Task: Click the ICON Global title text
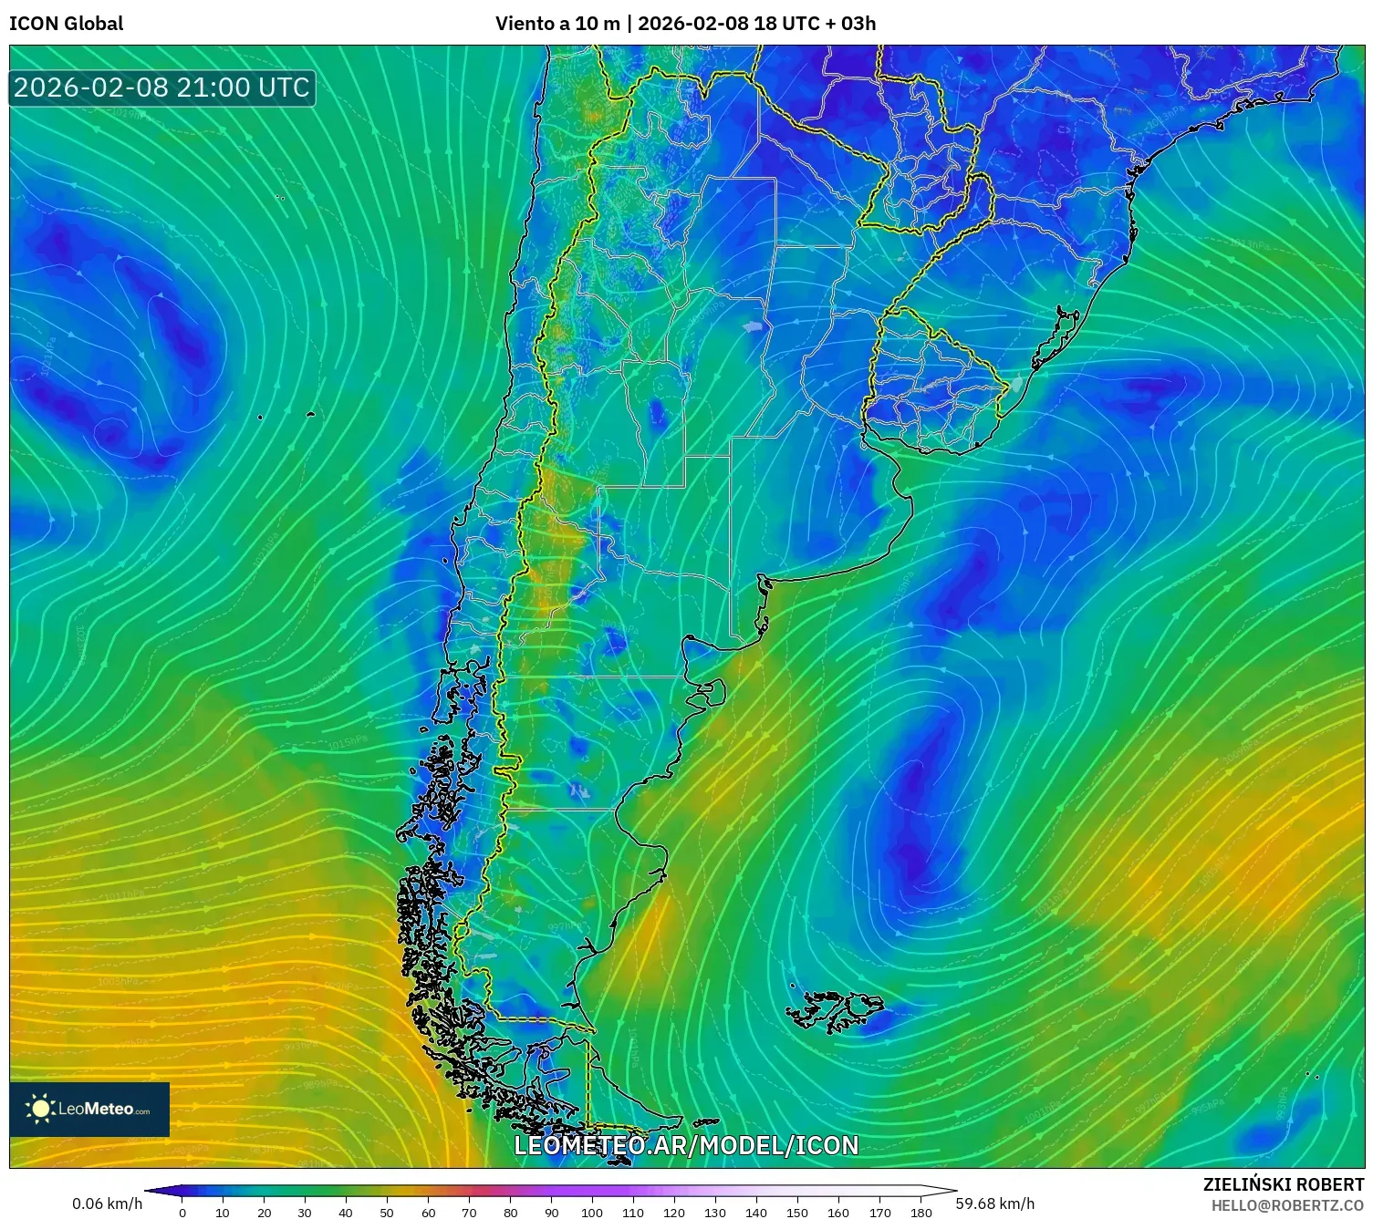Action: pos(66,24)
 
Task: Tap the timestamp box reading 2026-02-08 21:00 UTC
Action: pos(161,88)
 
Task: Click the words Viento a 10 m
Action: pos(556,24)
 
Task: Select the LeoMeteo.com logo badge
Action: pos(89,1109)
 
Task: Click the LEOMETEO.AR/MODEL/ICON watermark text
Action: pos(686,1146)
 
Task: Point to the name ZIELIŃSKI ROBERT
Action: pos(1283,1184)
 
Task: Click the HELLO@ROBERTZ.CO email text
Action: pos(1287,1205)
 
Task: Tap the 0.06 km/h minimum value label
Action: pos(108,1204)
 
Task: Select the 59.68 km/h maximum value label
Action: pos(994,1204)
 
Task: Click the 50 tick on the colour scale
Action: pos(387,1212)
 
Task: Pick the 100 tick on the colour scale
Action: pos(592,1212)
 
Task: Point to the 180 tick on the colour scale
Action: pos(921,1212)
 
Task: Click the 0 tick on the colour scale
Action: pos(182,1212)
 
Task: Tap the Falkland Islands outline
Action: pos(835,1010)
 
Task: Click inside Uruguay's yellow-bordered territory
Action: pos(931,378)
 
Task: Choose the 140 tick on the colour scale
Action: pos(756,1212)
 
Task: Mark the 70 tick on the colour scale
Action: pos(469,1212)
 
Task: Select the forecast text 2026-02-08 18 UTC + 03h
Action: pos(756,24)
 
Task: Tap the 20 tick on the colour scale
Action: pos(265,1212)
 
